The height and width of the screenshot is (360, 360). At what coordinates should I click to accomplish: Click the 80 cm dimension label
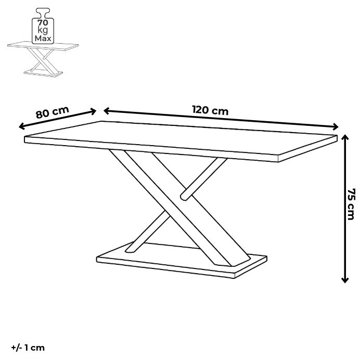53,112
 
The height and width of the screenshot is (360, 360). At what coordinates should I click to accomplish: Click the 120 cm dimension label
210,110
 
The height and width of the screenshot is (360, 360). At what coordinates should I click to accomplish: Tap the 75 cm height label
351,204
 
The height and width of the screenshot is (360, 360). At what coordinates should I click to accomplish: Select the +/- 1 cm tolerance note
28,348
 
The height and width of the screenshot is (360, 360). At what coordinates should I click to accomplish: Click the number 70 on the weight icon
43,23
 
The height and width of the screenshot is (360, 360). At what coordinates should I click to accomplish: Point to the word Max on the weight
43,38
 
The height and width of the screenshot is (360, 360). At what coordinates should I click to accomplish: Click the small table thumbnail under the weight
43,59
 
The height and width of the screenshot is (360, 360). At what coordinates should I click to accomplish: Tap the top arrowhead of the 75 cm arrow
345,137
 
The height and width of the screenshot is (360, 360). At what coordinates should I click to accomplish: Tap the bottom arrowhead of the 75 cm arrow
345,280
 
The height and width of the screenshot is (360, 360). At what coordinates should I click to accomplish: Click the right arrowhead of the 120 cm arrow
336,126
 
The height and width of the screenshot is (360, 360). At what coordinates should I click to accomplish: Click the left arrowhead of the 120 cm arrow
106,111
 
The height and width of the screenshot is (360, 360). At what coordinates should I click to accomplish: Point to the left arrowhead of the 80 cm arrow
21,126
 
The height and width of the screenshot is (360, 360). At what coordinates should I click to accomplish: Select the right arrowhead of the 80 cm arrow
94,111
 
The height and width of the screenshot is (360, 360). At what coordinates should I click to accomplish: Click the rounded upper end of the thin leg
184,197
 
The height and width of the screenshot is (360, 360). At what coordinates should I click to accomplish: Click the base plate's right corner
266,256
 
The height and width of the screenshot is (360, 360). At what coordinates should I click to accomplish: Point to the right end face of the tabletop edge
307,148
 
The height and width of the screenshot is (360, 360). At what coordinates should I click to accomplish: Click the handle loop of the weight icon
43,13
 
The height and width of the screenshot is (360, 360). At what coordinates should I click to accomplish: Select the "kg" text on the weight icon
43,31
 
